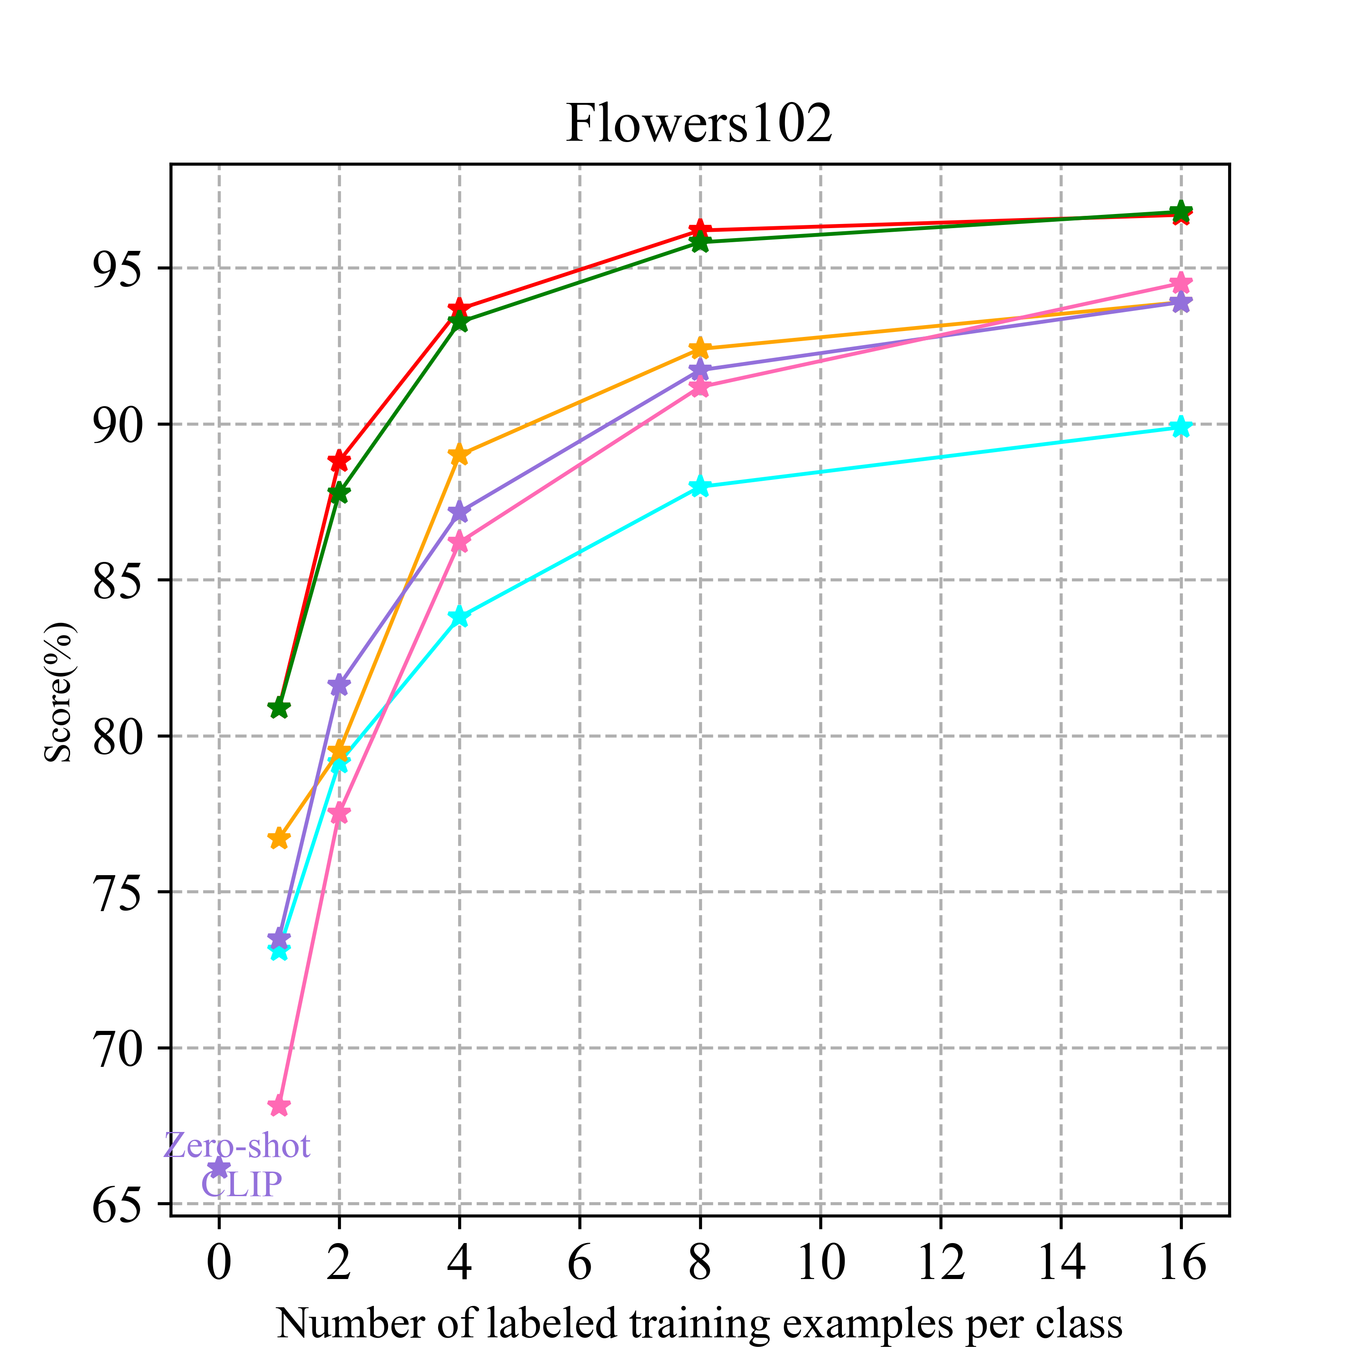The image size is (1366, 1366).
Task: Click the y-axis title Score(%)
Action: [59, 693]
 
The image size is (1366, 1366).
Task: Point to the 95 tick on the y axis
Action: [115, 269]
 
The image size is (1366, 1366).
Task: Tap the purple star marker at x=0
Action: [219, 1168]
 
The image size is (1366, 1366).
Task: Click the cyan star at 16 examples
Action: [1180, 427]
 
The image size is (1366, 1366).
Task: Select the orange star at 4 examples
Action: [459, 454]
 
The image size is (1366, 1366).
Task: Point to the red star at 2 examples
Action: [339, 461]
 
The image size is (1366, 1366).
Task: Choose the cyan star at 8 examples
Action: [700, 486]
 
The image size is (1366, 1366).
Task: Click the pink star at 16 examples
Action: [1180, 284]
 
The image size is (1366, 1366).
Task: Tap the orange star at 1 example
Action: [279, 839]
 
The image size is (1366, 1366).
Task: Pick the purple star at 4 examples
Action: [459, 511]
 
